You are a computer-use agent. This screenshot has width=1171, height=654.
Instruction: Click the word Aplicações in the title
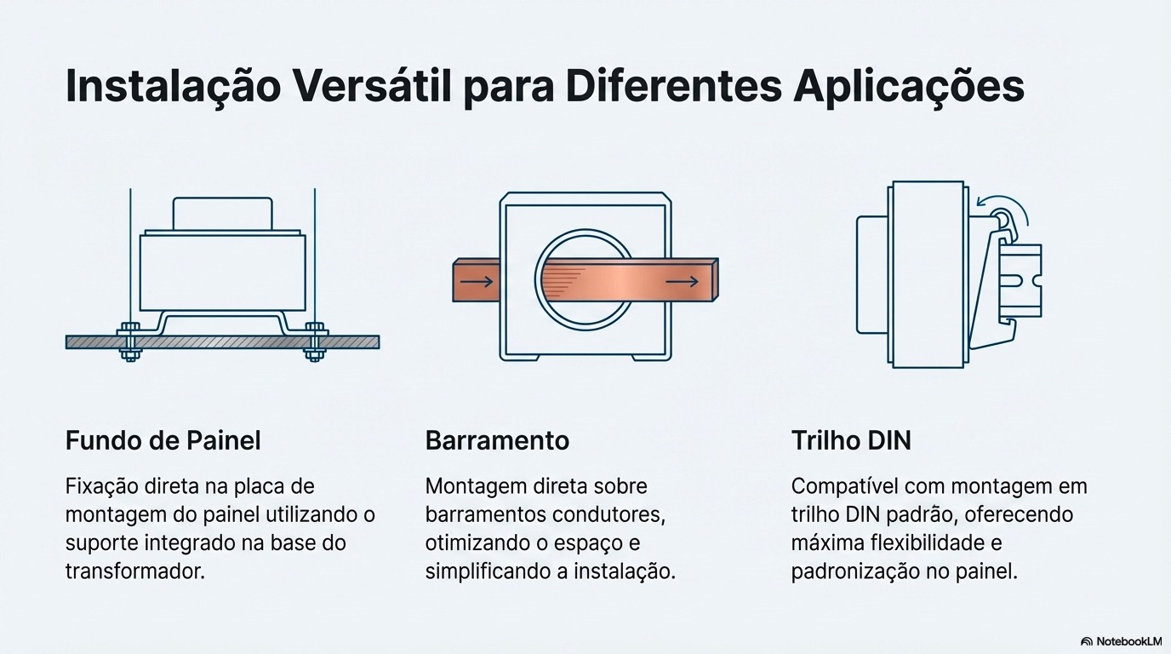(908, 88)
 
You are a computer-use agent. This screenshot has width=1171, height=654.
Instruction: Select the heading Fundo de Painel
(163, 440)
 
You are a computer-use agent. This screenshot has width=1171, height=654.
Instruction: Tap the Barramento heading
(497, 440)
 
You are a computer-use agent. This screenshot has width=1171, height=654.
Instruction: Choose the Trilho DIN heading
(851, 440)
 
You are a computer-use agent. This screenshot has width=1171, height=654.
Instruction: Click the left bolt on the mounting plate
(129, 341)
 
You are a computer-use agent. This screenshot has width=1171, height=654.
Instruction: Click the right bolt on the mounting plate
(315, 341)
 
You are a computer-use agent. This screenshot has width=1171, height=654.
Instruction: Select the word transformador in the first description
(135, 571)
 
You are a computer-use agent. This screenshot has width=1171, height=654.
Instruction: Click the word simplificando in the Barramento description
(488, 571)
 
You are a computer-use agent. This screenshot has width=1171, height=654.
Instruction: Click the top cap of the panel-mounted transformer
(223, 213)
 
